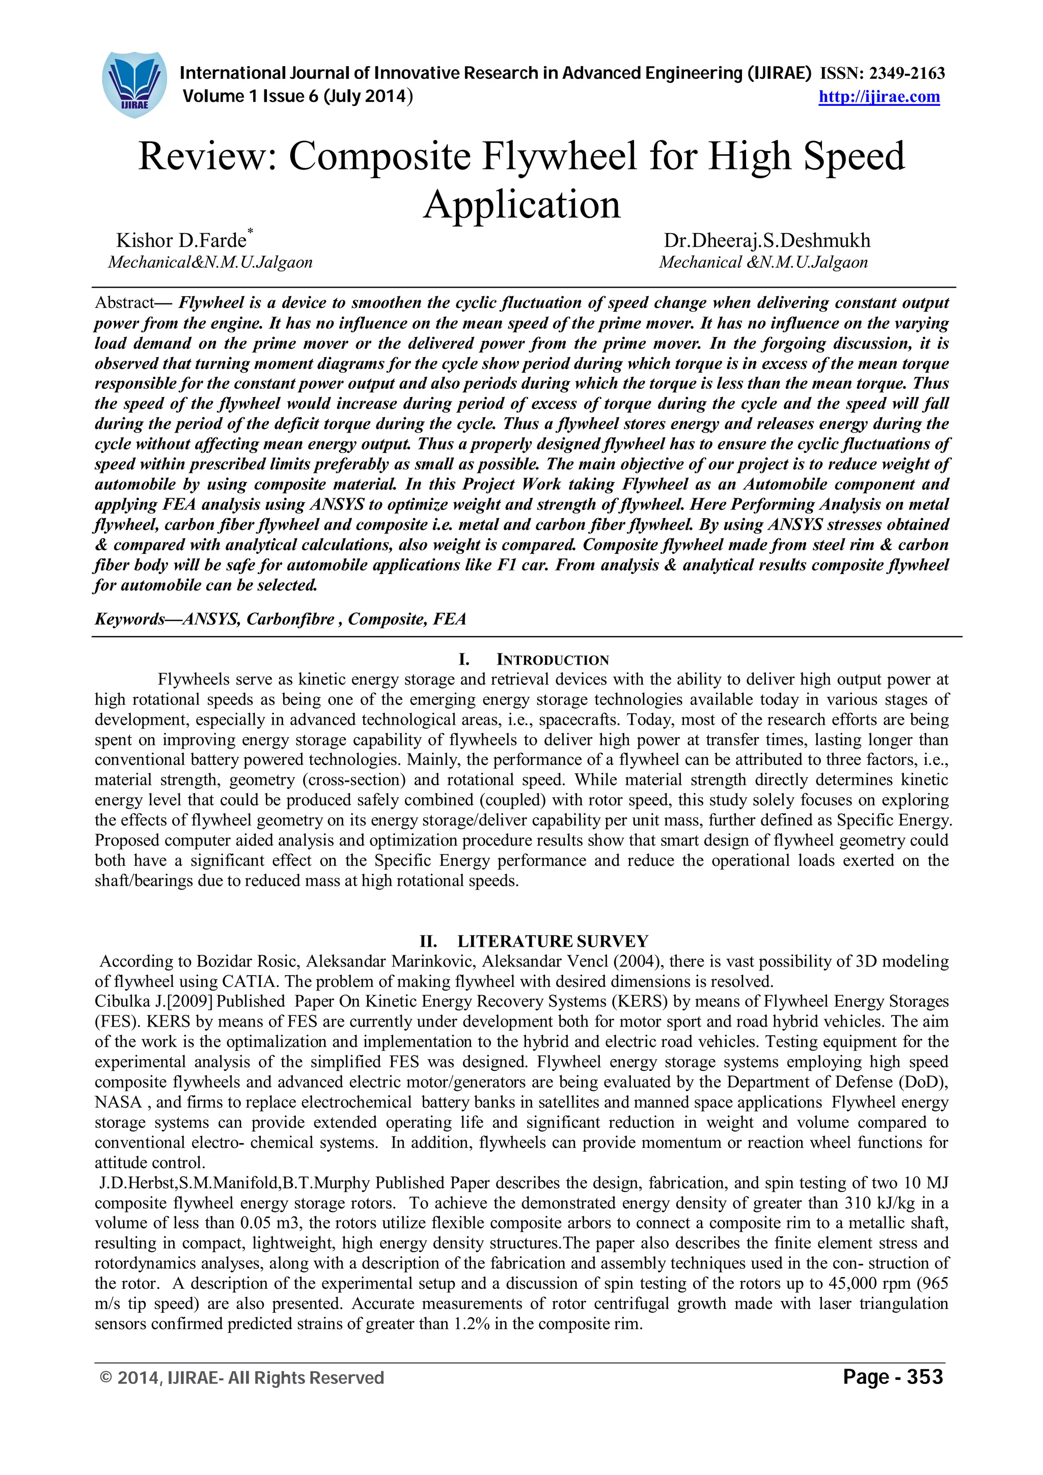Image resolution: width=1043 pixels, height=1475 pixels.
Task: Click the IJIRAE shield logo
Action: pos(134,84)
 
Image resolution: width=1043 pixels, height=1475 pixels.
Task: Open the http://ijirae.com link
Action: pos(879,97)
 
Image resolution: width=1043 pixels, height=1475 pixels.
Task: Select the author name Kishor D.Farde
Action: pos(181,241)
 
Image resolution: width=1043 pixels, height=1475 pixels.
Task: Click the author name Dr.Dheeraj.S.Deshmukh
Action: pos(766,241)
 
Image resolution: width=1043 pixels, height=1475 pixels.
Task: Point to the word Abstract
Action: pos(125,302)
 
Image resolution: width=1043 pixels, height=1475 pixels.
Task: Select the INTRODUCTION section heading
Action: pos(552,660)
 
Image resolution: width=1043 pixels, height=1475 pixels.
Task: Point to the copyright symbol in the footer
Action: pos(106,1378)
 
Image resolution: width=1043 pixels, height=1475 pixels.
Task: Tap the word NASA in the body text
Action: pos(118,1102)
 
